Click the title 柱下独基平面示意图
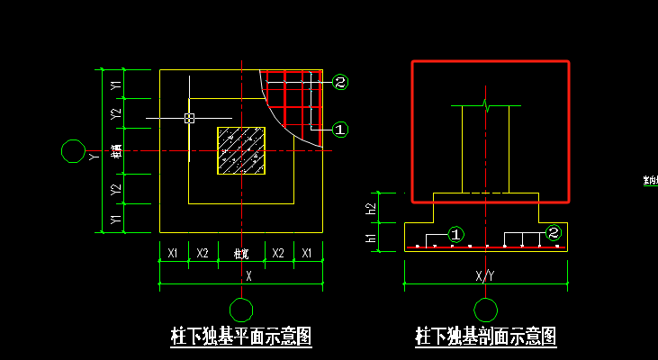click(241, 337)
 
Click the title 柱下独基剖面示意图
click(485, 337)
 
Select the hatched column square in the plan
click(241, 150)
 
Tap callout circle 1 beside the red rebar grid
click(340, 130)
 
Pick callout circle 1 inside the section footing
click(456, 234)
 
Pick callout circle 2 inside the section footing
click(554, 233)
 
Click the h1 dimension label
click(371, 238)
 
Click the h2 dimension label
click(371, 208)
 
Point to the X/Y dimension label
click(485, 275)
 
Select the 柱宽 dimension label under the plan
click(241, 254)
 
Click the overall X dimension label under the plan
click(248, 276)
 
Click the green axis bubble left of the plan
click(71, 150)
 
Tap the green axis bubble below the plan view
click(241, 310)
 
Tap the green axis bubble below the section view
click(486, 310)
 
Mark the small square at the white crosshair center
click(189, 118)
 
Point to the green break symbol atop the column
click(486, 105)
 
